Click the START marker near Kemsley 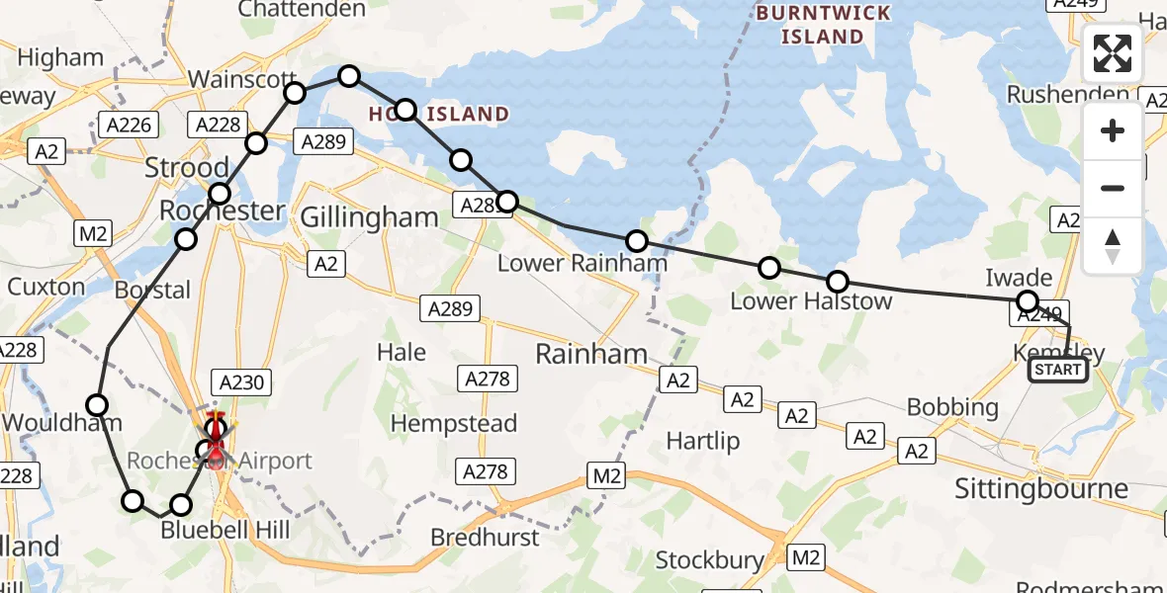point(1057,371)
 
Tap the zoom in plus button point(1113,131)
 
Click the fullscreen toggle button point(1113,53)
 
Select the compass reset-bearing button point(1113,245)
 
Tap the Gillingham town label point(368,217)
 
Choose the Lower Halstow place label point(811,300)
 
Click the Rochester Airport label point(220,461)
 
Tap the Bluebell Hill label point(225,530)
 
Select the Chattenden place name point(302,10)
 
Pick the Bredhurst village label point(485,538)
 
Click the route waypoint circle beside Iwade point(1028,301)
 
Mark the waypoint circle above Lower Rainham point(637,241)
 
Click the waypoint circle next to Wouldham point(97,404)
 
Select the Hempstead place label point(454,424)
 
